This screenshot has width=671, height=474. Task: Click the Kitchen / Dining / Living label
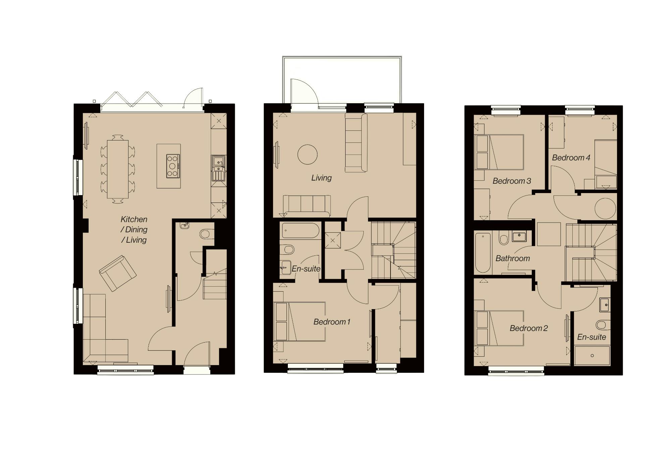click(134, 230)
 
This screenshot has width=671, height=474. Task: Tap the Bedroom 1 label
click(332, 322)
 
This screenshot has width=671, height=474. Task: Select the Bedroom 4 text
click(571, 158)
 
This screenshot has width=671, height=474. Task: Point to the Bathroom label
click(513, 258)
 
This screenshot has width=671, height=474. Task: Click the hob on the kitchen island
click(173, 166)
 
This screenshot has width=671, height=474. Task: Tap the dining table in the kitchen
click(118, 169)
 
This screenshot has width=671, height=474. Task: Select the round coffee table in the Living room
click(307, 154)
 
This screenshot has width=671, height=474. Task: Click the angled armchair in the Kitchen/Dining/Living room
click(118, 273)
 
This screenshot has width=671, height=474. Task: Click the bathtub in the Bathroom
click(483, 252)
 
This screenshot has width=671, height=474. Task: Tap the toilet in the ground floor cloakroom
click(206, 234)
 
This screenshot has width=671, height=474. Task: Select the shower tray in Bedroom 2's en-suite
click(592, 356)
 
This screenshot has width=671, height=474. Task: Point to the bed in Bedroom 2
click(499, 328)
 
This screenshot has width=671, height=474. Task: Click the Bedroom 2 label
click(528, 328)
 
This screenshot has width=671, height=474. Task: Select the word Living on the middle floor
click(321, 178)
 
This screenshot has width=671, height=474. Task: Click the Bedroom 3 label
click(512, 181)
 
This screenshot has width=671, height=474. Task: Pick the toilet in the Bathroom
click(504, 238)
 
